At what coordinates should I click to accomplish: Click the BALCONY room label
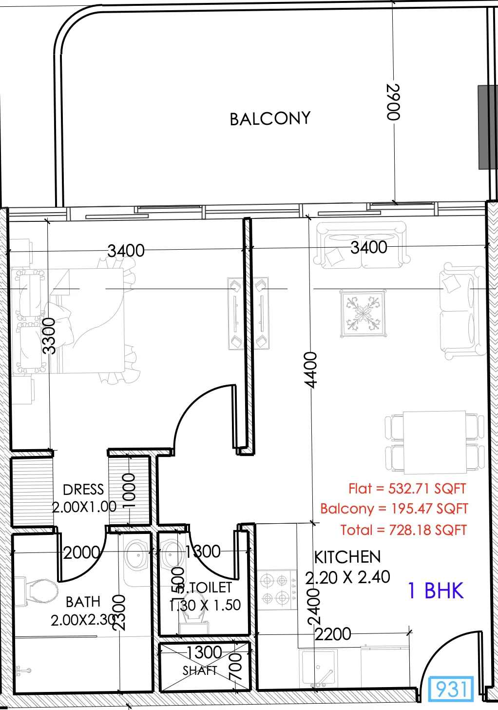270,118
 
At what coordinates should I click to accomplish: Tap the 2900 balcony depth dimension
393,102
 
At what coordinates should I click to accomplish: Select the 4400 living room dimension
310,370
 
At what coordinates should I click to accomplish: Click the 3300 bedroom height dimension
49,335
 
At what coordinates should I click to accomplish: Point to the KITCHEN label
347,557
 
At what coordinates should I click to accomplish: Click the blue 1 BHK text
436,591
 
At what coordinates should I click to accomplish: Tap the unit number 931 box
451,689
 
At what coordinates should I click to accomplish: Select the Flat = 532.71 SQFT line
407,489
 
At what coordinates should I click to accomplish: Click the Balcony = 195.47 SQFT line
394,509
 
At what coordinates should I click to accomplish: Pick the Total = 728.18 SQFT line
403,530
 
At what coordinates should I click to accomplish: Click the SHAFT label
200,671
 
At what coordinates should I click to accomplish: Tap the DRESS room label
83,490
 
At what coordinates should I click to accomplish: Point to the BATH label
83,602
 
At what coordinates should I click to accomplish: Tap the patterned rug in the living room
363,314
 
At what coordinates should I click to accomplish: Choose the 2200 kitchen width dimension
332,634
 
